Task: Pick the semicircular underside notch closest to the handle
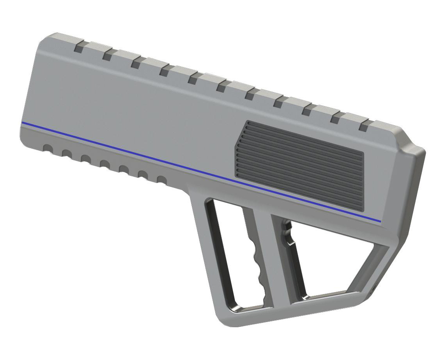[x=161, y=180]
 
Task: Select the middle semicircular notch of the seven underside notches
[x=104, y=164]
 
